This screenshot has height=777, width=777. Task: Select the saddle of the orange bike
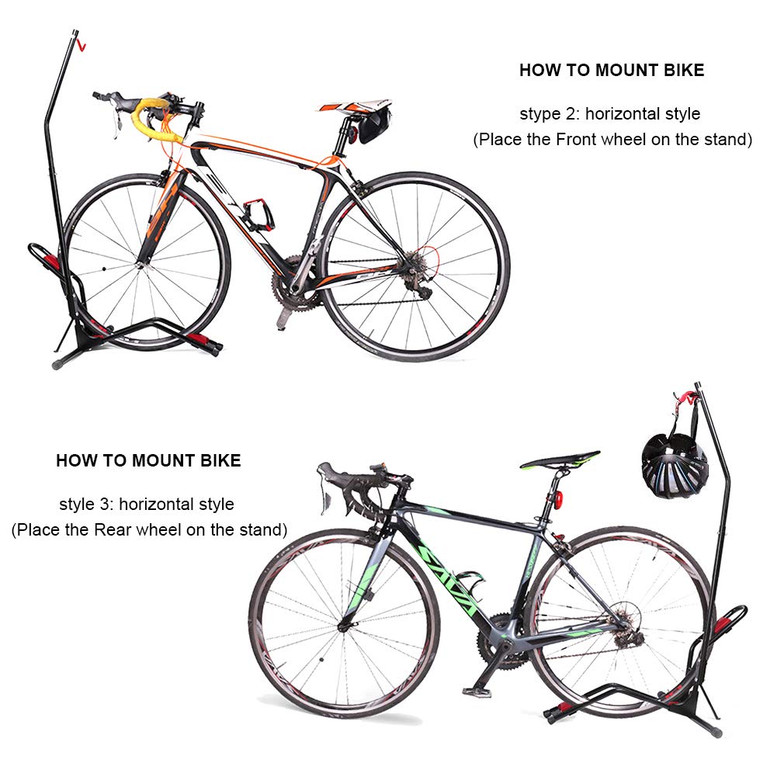[x=355, y=106]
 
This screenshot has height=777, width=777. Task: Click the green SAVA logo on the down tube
[x=446, y=574]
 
